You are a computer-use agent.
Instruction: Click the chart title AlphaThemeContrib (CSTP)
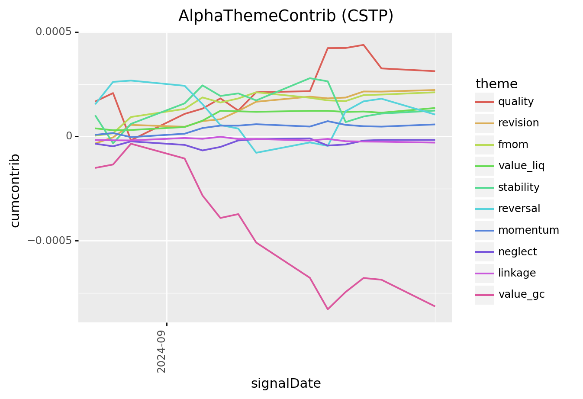(286, 16)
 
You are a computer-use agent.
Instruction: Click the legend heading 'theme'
(496, 84)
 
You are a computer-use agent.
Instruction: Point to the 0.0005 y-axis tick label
(53, 32)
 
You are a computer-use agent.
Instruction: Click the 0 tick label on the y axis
(68, 136)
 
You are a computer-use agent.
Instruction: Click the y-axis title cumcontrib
(15, 190)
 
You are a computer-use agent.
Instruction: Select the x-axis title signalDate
(286, 383)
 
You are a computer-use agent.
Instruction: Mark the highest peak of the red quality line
(364, 45)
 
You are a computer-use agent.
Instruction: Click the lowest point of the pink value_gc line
(328, 309)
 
